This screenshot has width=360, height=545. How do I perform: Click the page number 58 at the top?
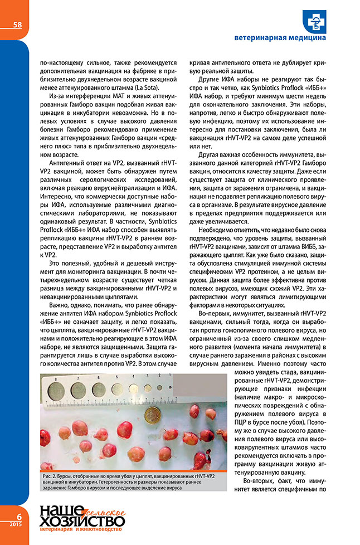[x=17, y=25]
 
